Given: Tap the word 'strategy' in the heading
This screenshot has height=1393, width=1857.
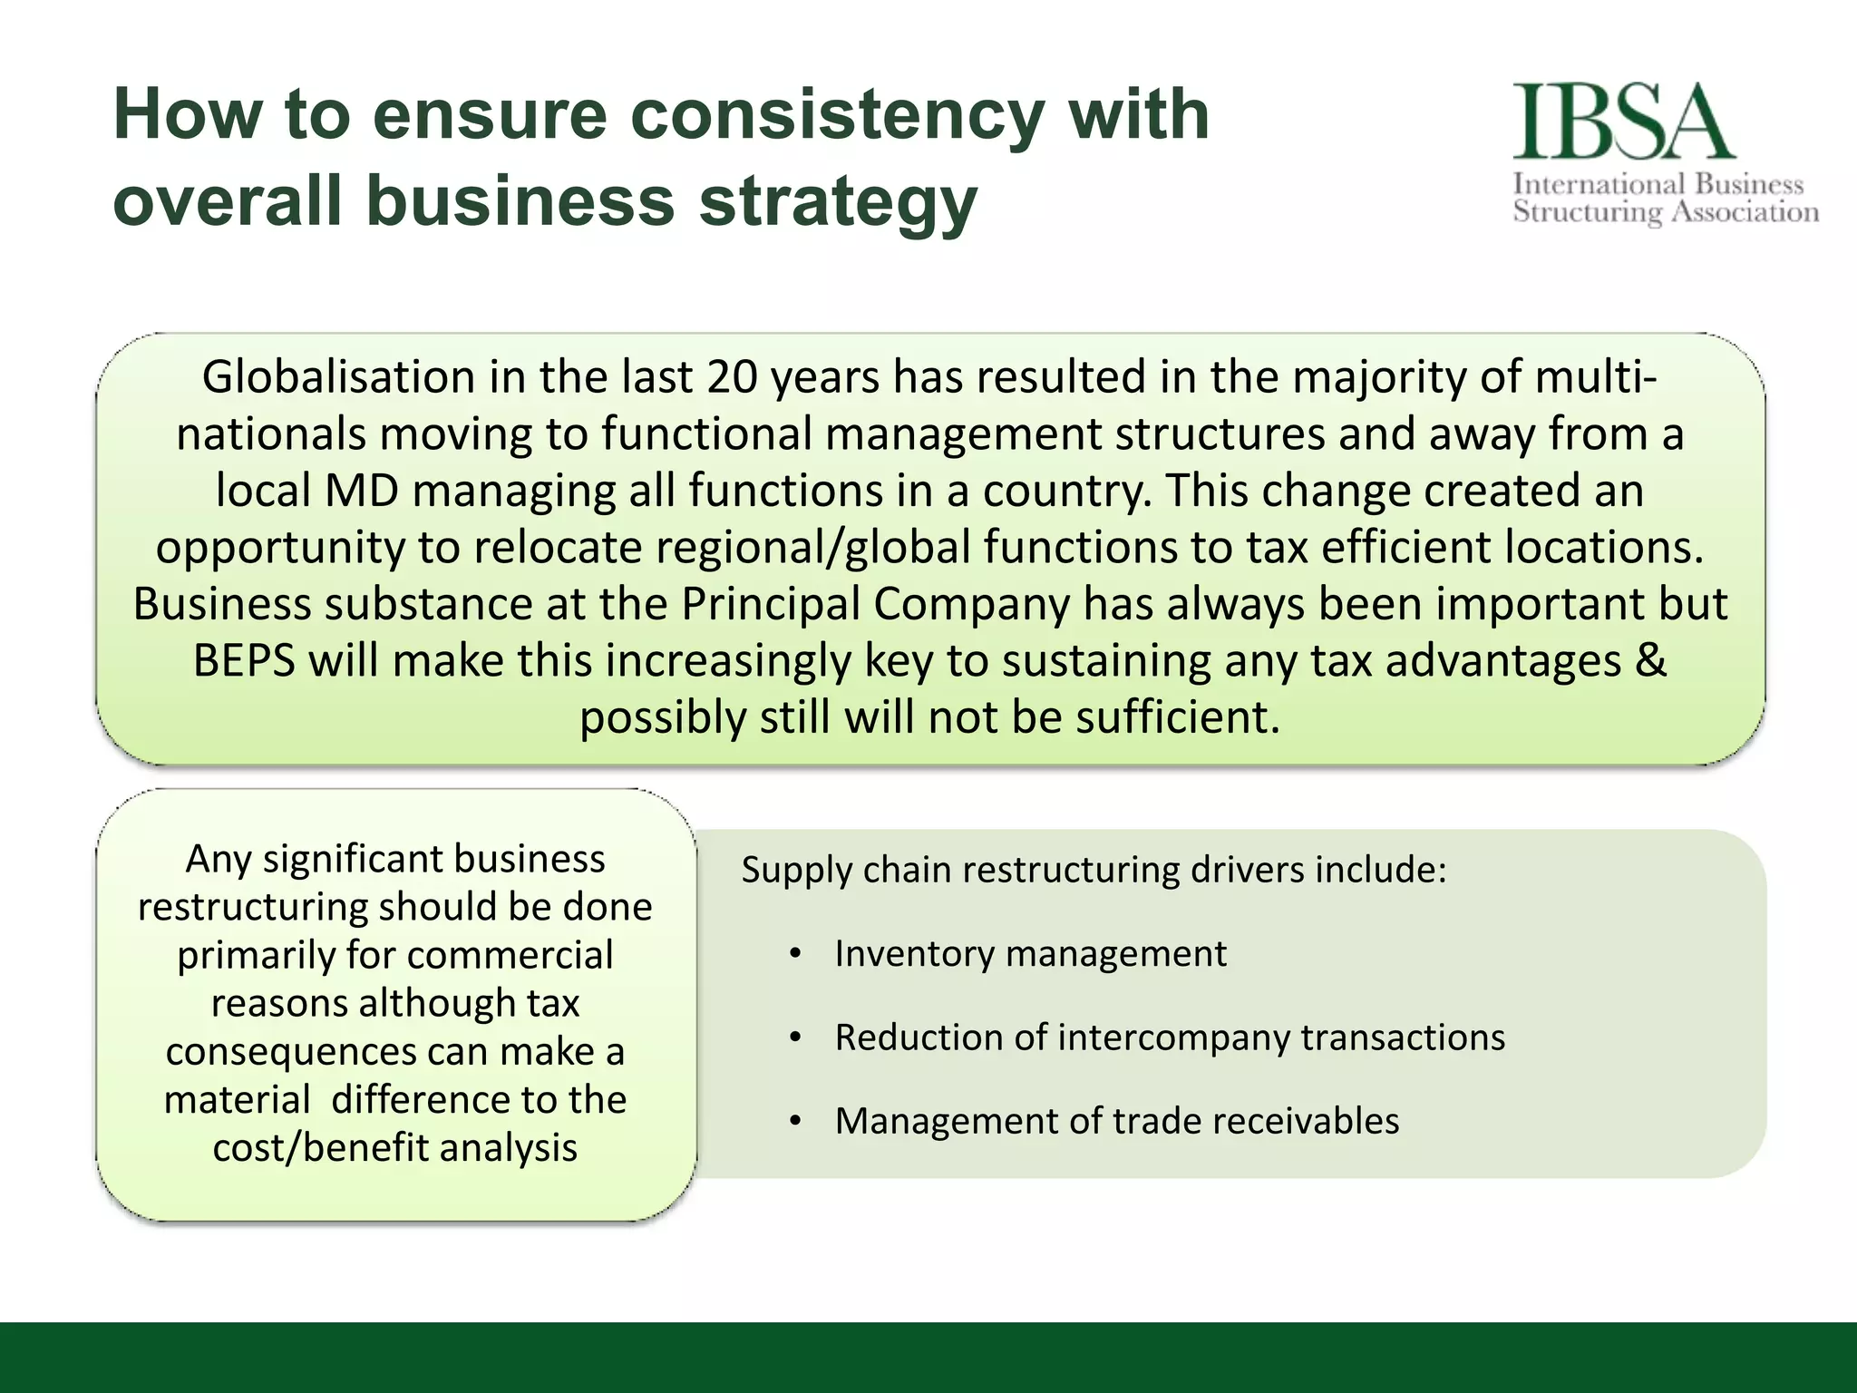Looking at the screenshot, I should point(838,202).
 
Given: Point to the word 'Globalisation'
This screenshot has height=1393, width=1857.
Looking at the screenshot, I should point(338,376).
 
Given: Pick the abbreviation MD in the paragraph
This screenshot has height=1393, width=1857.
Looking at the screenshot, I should point(362,491).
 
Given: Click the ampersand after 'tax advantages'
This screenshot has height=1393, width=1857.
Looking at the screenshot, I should point(1651,660).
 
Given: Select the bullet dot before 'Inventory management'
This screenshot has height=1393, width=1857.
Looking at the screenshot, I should point(795,954).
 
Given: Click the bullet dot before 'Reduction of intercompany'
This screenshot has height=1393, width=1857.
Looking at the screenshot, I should point(795,1038).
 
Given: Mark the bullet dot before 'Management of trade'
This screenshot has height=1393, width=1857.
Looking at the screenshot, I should point(795,1122).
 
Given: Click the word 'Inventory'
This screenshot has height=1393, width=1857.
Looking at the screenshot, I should point(912,954).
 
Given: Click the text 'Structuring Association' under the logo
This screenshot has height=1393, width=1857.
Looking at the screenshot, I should point(1666,212).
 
